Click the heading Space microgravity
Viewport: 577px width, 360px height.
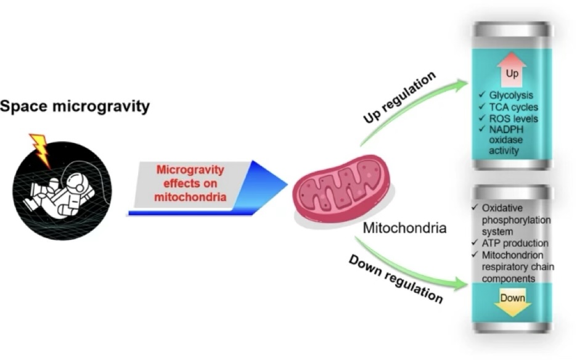75,107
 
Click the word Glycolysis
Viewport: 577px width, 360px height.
511,96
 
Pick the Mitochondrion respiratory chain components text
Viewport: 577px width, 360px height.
509,266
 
